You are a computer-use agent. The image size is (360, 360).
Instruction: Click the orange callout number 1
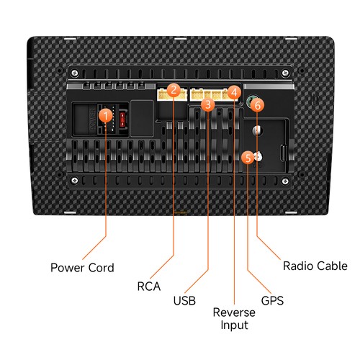[106, 116]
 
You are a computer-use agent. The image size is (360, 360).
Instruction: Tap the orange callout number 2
[174, 90]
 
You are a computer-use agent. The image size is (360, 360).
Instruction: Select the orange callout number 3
[208, 104]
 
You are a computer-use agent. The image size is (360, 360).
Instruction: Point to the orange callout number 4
[234, 92]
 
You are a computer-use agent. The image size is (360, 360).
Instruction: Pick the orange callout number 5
[248, 158]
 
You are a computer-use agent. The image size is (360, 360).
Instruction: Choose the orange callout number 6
[257, 105]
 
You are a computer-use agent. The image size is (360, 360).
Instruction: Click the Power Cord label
[82, 268]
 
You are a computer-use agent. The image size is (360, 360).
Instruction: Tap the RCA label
[149, 286]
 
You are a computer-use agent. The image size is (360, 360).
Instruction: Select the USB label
[184, 300]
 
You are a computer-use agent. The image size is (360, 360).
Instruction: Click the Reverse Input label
[234, 319]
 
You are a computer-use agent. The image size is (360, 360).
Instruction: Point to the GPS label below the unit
[272, 300]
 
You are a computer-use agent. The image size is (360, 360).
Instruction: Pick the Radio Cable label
[315, 266]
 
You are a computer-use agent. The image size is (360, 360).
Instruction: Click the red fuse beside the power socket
[122, 119]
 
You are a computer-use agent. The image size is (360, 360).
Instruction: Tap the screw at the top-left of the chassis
[75, 73]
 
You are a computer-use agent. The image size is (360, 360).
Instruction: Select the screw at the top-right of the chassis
[285, 73]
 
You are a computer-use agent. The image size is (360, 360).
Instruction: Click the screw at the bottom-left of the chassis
[75, 180]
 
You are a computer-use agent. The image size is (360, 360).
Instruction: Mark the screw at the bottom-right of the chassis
[285, 181]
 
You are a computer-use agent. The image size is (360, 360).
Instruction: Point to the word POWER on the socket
[93, 119]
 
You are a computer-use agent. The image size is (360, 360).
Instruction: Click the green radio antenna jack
[251, 101]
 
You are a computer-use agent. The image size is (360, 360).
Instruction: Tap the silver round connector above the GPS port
[257, 130]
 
